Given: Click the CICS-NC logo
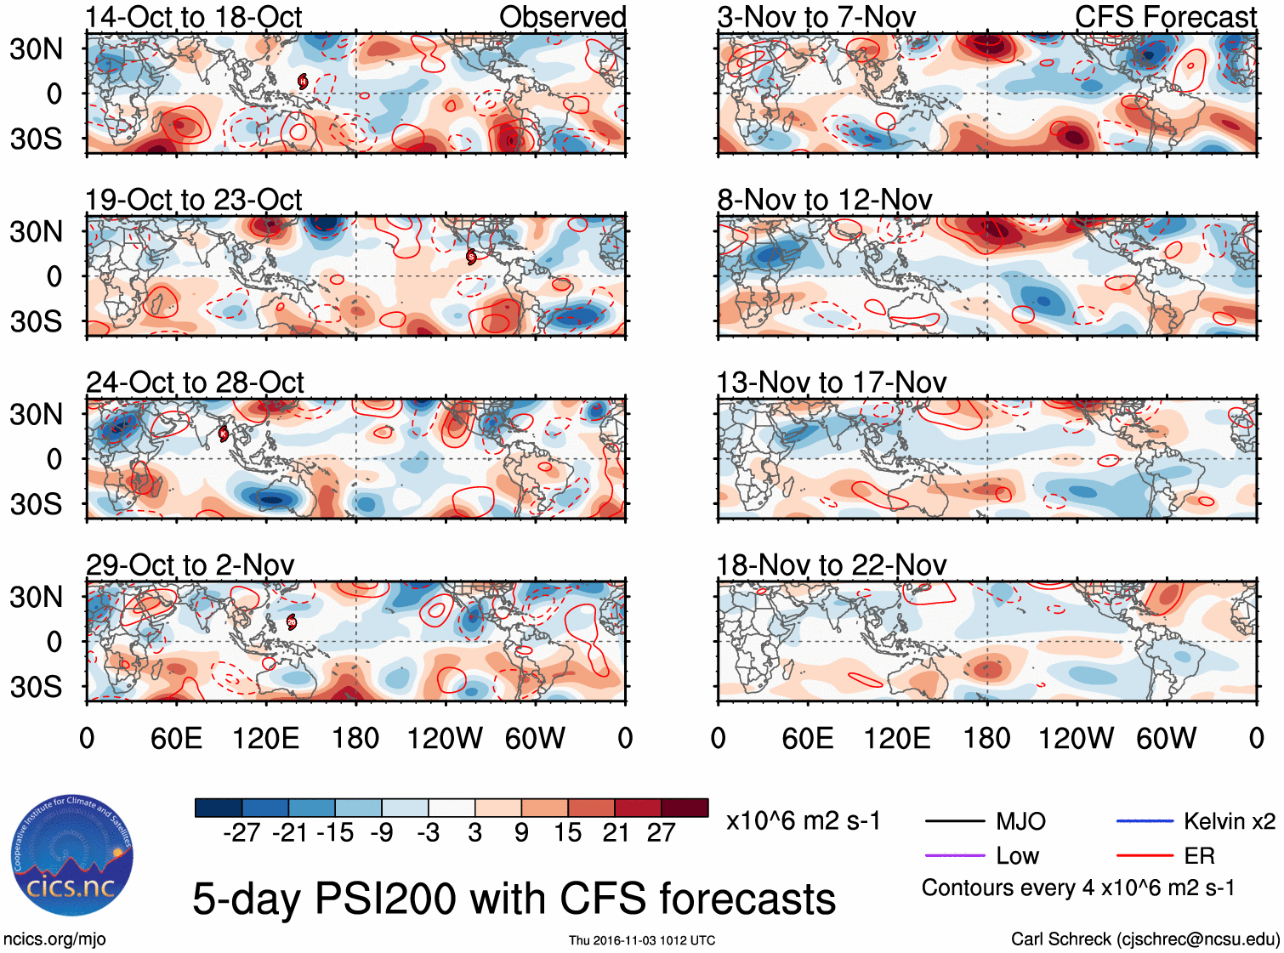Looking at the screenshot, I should click(72, 855).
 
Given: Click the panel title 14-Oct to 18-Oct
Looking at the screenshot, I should click(193, 17).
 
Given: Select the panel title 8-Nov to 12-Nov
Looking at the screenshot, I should click(824, 200).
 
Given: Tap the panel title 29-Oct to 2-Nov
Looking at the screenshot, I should click(190, 565).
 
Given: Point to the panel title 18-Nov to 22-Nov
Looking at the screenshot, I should click(831, 565).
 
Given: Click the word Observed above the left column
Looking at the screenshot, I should click(562, 17).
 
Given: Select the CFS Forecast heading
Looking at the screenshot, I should click(1165, 17).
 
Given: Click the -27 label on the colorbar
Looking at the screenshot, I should click(241, 832).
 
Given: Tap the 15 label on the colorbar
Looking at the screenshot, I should click(567, 832).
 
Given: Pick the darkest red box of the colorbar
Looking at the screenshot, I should click(685, 808).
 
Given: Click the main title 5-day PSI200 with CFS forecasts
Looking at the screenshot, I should click(514, 899).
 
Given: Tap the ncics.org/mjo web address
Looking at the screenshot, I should click(54, 939).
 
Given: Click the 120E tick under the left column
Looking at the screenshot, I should click(266, 738).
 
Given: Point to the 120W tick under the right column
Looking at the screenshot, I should click(1076, 738).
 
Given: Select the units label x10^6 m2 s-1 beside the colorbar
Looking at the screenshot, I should click(803, 821).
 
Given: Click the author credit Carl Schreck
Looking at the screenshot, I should click(1145, 939).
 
